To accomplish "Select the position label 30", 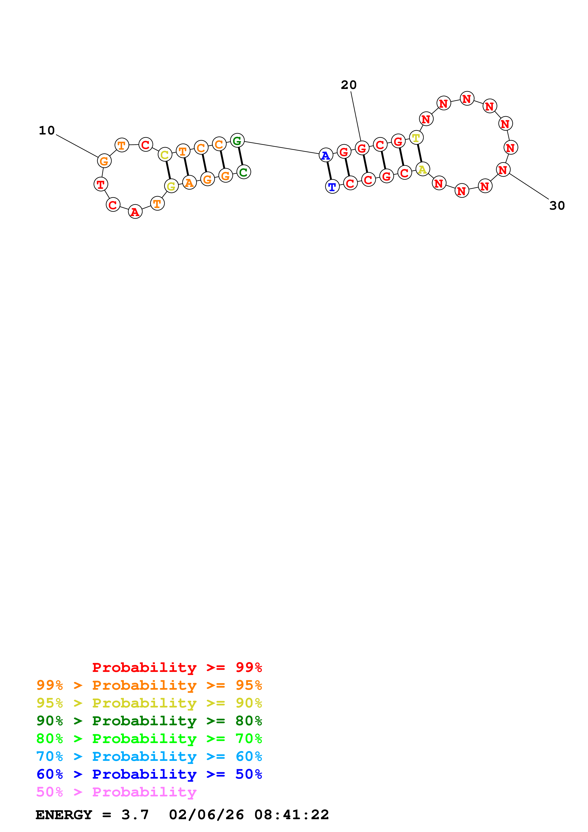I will (x=557, y=206).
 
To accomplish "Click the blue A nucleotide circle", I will (x=326, y=155).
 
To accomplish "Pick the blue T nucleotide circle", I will (x=332, y=187).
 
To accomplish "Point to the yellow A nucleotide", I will (x=423, y=169).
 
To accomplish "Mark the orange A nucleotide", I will (x=189, y=182).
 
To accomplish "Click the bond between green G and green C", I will (x=241, y=156).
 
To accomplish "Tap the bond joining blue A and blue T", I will (x=329, y=171).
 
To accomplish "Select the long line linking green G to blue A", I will (x=282, y=148).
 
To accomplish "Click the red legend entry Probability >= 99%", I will (x=177, y=667).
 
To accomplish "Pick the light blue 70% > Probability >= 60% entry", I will (x=149, y=756).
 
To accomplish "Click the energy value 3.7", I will (x=135, y=815).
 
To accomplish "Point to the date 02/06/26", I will (x=206, y=815).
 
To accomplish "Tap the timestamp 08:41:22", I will (x=291, y=815).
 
